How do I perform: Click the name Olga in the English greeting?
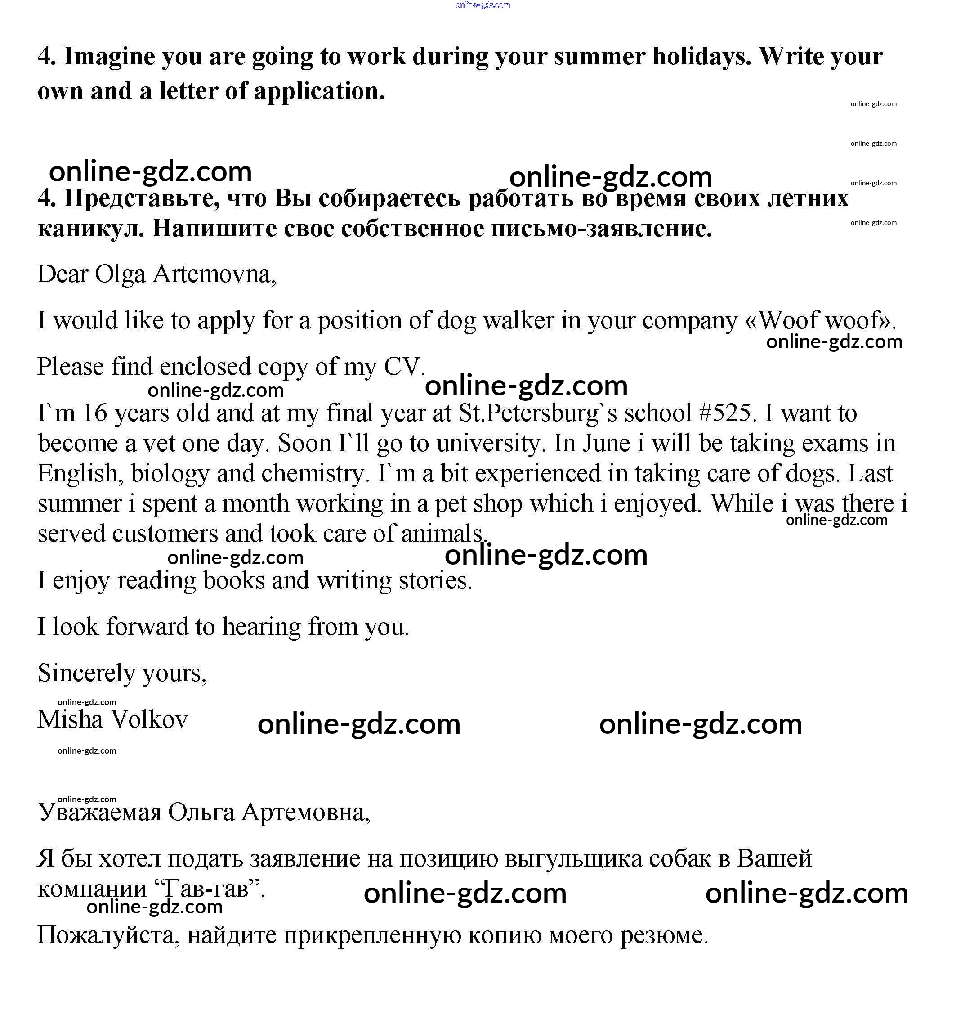pyautogui.click(x=120, y=274)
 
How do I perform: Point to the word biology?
pyautogui.click(x=170, y=473)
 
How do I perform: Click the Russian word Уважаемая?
pyautogui.click(x=100, y=812)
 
